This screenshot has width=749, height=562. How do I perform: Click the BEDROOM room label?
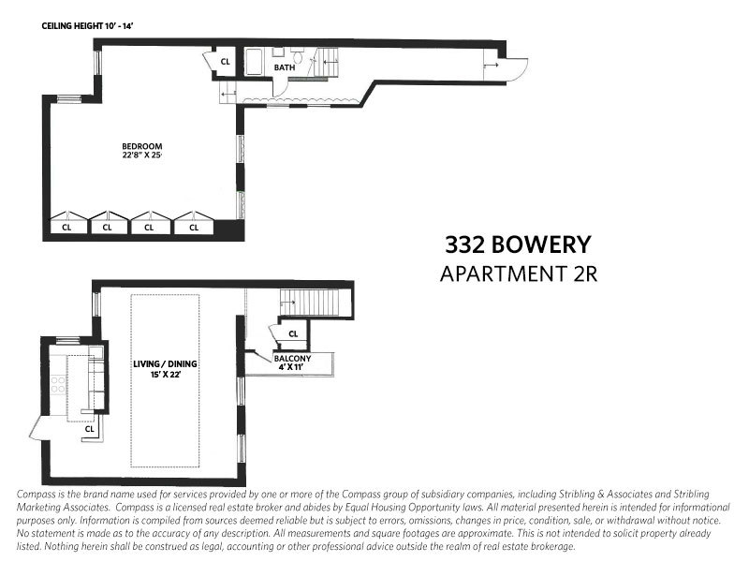coord(142,146)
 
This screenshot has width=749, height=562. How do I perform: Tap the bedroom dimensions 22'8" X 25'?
coord(142,156)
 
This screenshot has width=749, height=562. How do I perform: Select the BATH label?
coord(285,67)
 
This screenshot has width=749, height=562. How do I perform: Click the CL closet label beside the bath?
coord(225,63)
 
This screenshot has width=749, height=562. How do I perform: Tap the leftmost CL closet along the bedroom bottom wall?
coord(66,226)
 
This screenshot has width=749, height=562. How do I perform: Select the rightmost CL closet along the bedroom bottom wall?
coord(195,226)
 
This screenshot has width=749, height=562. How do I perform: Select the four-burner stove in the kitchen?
coord(58,384)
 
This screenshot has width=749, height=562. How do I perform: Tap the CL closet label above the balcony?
coord(292,333)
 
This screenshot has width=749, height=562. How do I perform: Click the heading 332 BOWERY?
coord(518,245)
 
